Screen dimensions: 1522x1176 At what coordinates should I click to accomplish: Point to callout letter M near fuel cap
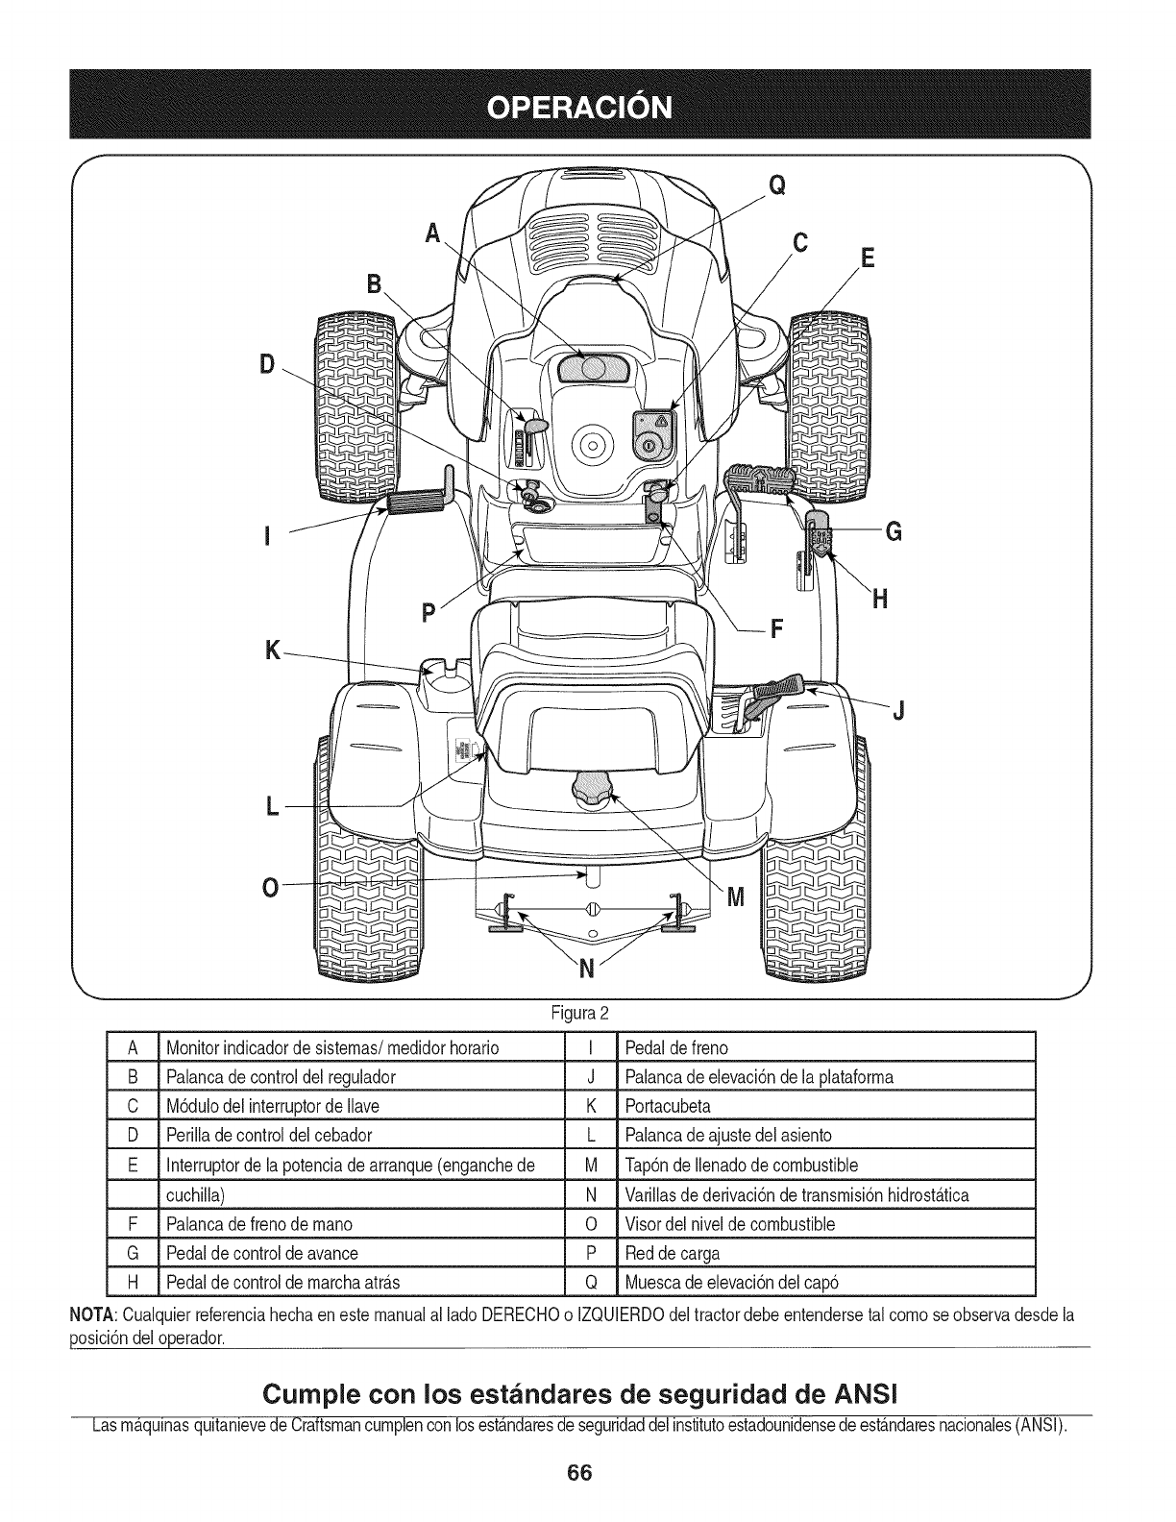pos(736,897)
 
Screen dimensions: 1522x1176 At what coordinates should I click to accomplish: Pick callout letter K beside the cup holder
pos(273,651)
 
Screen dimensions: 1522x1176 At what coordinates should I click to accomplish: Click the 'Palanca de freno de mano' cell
pos(259,1223)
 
